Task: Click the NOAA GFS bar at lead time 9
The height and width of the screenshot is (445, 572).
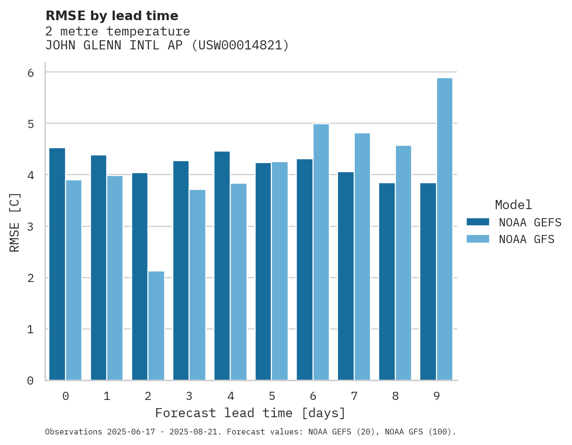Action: point(445,229)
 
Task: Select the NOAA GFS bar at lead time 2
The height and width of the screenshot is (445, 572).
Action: point(156,326)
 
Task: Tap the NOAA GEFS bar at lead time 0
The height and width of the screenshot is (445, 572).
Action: point(57,264)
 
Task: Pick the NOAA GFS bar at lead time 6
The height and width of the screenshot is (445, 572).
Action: point(321,252)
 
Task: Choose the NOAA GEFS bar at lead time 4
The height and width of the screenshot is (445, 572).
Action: point(222,266)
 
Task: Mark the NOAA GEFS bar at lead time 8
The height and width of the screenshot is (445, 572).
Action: point(387,281)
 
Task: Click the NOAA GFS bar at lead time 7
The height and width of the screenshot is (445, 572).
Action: point(362,257)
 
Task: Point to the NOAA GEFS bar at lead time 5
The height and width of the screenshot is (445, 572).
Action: point(263,271)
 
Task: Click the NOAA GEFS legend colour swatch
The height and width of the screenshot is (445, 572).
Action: point(478,222)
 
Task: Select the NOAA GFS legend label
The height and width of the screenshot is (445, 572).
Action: point(527,239)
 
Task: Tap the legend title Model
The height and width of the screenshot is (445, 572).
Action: point(513,205)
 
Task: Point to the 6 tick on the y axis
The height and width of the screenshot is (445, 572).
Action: point(30,72)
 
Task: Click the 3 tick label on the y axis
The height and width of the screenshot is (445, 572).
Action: point(30,226)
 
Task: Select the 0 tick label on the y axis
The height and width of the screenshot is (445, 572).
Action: point(30,381)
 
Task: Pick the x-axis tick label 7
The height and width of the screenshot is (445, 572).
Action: point(354,396)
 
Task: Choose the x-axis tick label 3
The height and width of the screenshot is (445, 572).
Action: point(189,396)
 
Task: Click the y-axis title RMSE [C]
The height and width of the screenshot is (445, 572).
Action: point(15,222)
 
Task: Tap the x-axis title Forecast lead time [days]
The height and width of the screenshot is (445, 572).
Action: point(250,413)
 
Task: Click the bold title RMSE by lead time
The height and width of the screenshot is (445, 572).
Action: point(112,16)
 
